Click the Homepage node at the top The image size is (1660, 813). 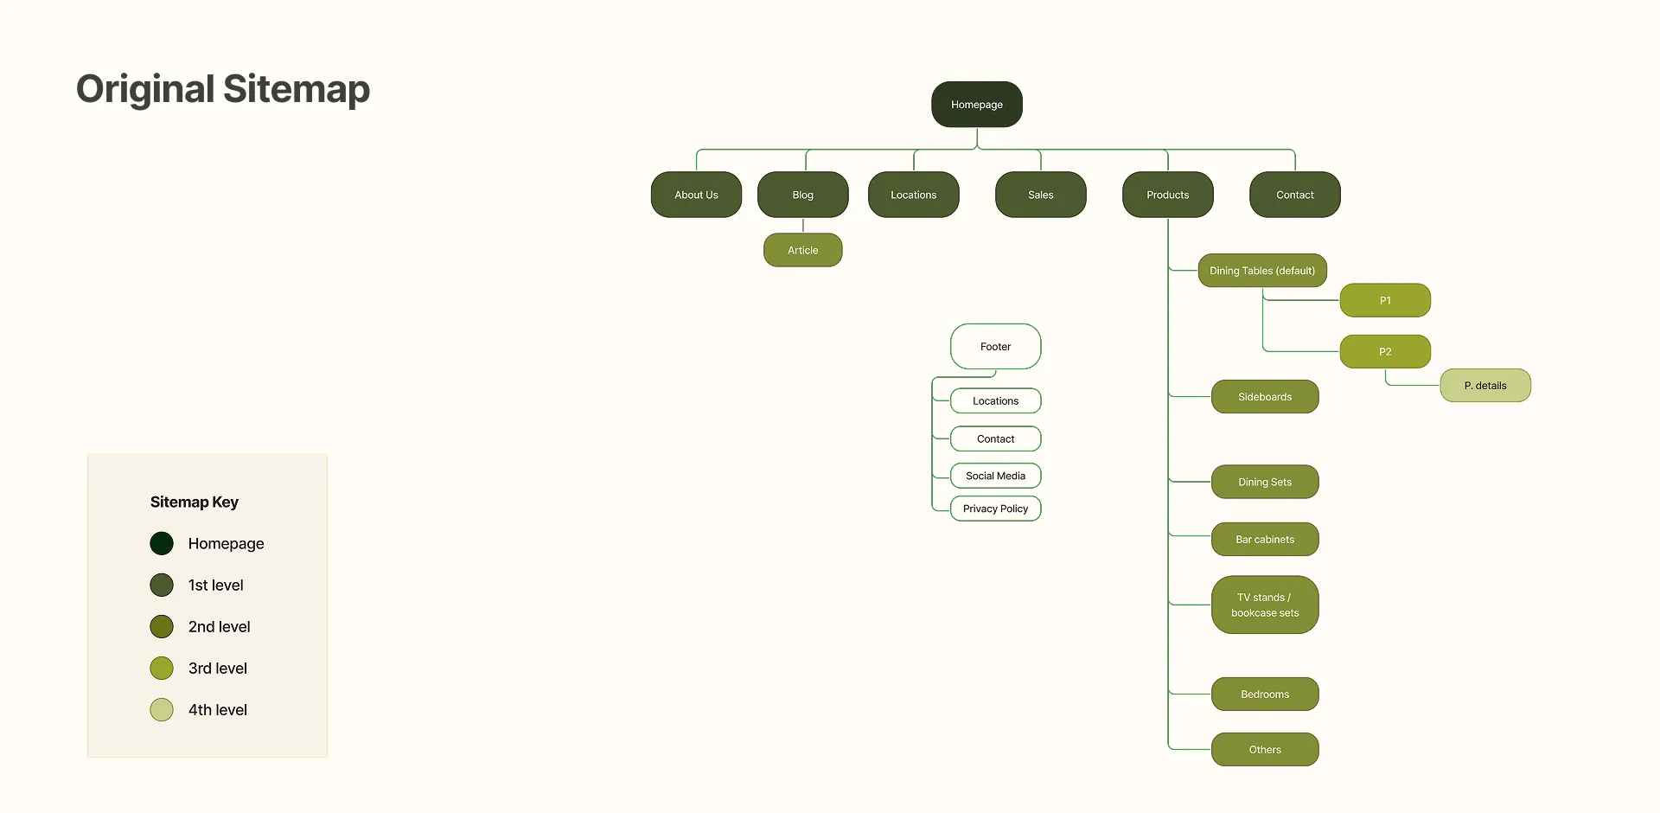977,105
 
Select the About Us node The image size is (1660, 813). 696,195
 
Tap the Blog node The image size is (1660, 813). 802,195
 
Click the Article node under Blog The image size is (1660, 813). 802,250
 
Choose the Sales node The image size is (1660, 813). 1040,195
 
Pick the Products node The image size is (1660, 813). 1167,195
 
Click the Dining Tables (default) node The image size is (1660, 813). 1261,271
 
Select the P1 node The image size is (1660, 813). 1385,300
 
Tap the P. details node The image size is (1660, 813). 1484,386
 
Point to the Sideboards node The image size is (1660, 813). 1264,397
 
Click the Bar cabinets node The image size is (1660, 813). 1264,540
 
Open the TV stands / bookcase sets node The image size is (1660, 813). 1264,605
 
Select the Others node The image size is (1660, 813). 1264,750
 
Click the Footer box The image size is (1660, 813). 995,347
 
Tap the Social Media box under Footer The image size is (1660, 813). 995,476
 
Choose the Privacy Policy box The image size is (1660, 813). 995,509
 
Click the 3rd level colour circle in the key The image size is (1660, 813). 162,669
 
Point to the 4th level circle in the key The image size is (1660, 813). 162,710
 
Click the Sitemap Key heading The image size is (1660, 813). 195,503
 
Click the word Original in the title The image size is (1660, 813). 145,89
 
